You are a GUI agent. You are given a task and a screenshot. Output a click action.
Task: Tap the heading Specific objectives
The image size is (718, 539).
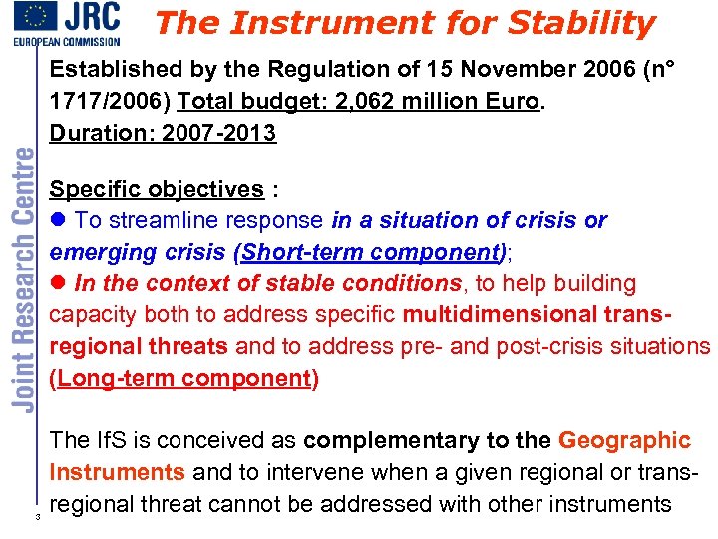[x=157, y=189]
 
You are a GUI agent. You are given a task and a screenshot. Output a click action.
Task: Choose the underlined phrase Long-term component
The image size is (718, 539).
[x=185, y=378]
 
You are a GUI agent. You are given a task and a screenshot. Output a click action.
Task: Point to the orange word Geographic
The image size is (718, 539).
[x=625, y=440]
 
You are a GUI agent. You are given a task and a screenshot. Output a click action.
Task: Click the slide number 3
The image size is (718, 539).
[x=37, y=518]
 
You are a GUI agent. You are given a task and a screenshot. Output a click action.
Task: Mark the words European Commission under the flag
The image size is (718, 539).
[x=66, y=41]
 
